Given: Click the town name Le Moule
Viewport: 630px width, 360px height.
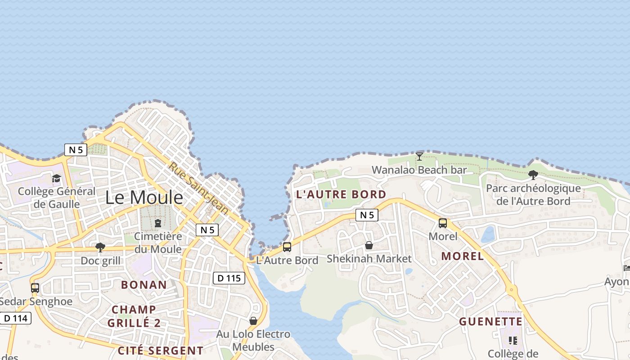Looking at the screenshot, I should pos(144,197).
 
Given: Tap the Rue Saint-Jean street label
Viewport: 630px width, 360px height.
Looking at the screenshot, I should pos(199,188).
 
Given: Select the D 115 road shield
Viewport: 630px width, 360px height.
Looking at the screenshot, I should pos(229,278).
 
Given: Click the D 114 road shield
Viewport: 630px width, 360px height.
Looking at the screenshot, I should pos(15,319).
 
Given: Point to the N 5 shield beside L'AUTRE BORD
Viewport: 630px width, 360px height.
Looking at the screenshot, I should pos(367,215).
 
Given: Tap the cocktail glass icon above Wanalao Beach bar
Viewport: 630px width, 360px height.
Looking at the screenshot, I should pos(419,157).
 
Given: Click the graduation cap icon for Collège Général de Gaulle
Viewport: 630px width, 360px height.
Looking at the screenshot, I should pos(56,179).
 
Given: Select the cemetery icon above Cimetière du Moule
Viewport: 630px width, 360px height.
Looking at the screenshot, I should pos(158,223).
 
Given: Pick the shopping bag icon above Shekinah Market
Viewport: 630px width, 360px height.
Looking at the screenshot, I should pos(369,245).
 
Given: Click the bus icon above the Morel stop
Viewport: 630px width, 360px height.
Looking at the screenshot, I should pos(443,223).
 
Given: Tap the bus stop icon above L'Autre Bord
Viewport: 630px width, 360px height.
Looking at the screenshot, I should pos(287,247).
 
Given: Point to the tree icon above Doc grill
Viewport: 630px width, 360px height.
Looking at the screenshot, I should pos(100,247).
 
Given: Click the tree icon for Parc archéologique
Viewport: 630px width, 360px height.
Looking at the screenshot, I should pos(533,175).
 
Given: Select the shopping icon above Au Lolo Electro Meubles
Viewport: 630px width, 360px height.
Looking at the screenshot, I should pos(253,321).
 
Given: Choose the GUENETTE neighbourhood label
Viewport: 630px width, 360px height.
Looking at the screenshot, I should pos(491,322).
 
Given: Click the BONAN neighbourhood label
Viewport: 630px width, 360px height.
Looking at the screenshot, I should pos(144,285).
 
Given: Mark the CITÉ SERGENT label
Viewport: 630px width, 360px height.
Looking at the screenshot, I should pos(161,351).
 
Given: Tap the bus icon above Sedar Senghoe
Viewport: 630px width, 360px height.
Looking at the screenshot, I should pos(35,288).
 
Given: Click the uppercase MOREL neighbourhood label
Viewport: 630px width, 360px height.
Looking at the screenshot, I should pos(463,256).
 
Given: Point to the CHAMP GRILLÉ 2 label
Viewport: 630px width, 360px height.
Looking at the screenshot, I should pos(134,316).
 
